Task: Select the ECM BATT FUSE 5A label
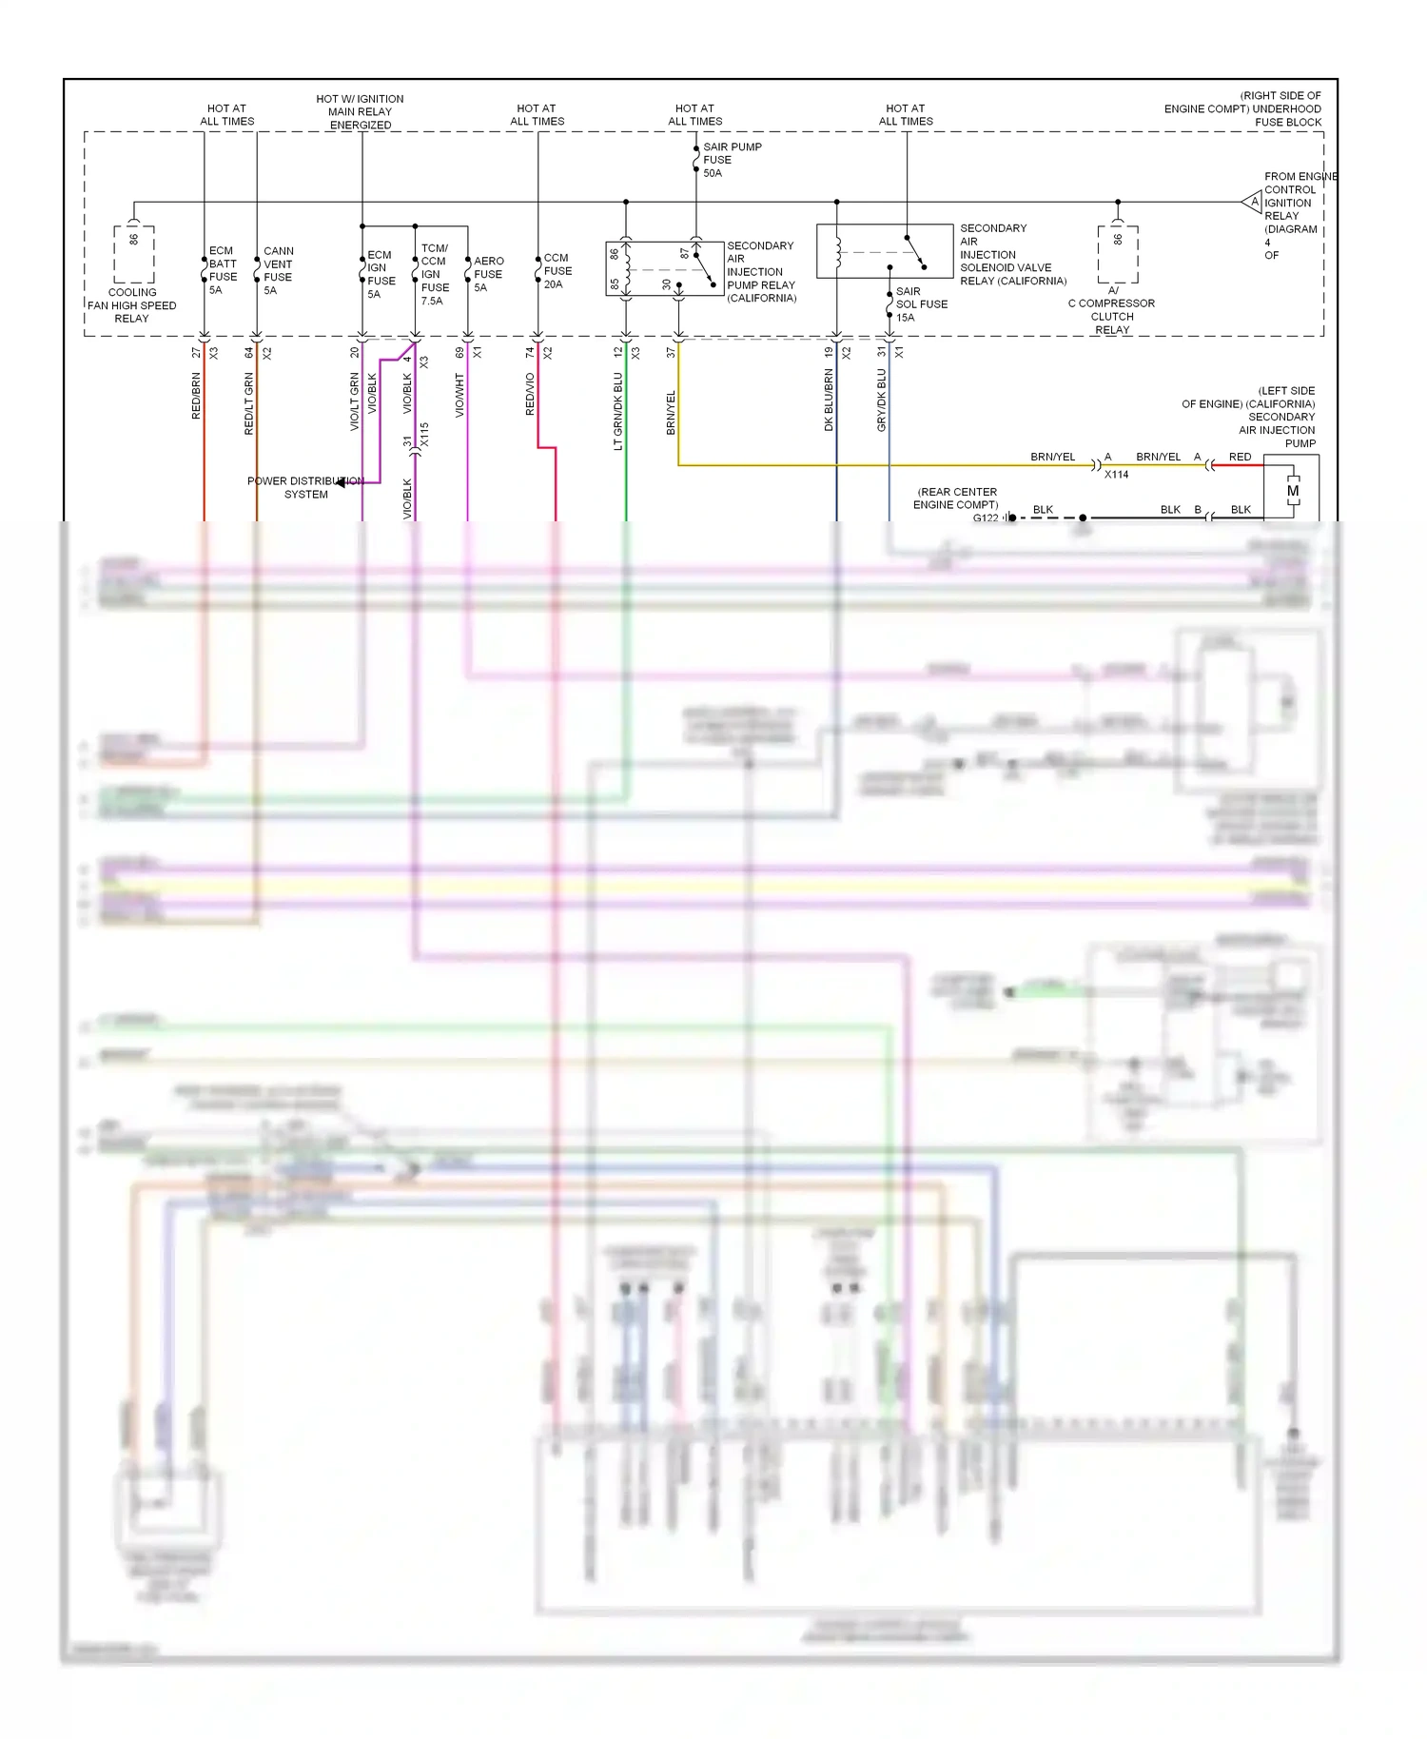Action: (x=223, y=270)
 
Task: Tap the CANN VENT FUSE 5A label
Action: (x=278, y=270)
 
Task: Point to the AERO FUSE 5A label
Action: (x=488, y=274)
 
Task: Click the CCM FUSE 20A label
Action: (x=557, y=271)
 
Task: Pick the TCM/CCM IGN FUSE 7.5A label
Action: (x=434, y=274)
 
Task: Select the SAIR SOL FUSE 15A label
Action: (x=920, y=304)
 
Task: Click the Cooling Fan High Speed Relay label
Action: (x=132, y=305)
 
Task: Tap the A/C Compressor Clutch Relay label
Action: (x=1111, y=310)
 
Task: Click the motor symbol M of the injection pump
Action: (x=1292, y=491)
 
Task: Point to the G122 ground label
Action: (x=986, y=518)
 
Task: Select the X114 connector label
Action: (x=1116, y=474)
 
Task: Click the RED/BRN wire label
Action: (x=196, y=396)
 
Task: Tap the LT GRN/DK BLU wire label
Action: (x=617, y=411)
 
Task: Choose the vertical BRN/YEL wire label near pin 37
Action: (x=671, y=413)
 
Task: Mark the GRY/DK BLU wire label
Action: (x=881, y=401)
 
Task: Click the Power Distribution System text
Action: (x=305, y=487)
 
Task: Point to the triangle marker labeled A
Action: (x=1252, y=202)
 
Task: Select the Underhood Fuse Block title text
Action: (x=1242, y=108)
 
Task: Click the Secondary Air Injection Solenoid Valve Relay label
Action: (x=1011, y=255)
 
